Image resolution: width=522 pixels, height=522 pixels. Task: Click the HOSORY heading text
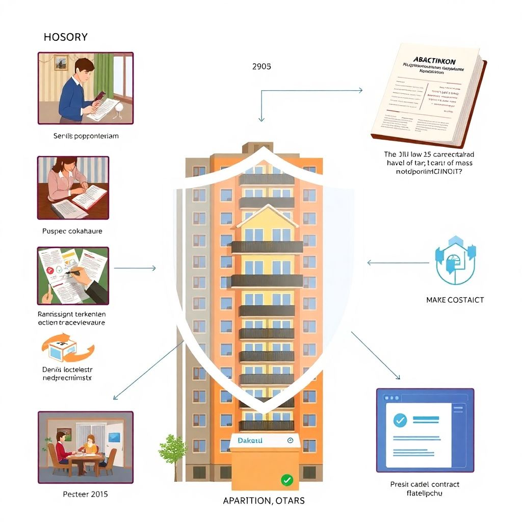(x=66, y=37)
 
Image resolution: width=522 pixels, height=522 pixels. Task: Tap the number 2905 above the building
(x=262, y=66)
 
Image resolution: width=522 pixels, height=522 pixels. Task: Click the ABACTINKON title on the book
(x=435, y=61)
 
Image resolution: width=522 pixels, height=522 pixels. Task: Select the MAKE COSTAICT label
(x=455, y=300)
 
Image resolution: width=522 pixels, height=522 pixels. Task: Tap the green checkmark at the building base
(x=287, y=479)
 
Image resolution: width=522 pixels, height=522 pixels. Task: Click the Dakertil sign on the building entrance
(x=250, y=440)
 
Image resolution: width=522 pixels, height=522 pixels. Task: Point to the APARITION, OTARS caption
(x=264, y=501)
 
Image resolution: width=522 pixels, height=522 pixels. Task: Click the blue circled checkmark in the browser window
(x=400, y=420)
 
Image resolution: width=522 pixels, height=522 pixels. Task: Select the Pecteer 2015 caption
(x=85, y=494)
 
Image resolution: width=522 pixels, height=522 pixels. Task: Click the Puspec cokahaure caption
(x=72, y=231)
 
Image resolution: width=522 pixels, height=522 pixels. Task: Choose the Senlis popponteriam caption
(x=86, y=136)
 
